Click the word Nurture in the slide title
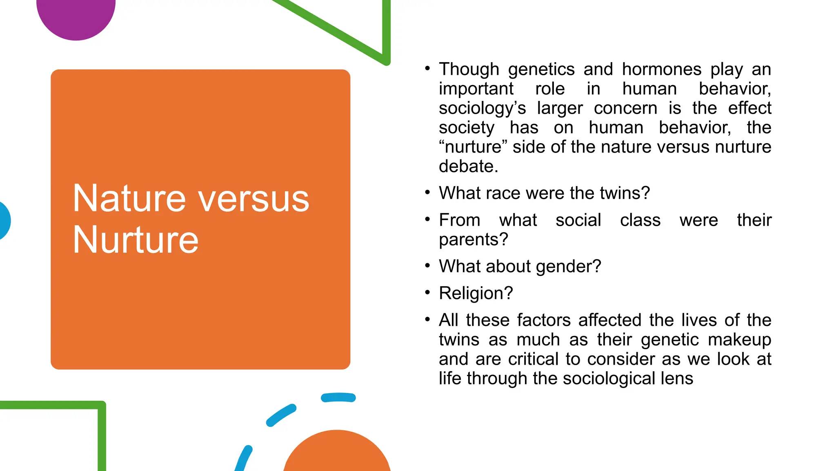tap(136, 240)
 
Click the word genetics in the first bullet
tap(541, 70)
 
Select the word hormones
tap(661, 69)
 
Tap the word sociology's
tap(482, 108)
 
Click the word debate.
tap(468, 166)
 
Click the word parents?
tap(473, 240)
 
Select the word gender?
tap(568, 267)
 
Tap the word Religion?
tap(476, 293)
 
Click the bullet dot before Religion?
tap(427, 292)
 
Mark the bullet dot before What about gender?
tap(427, 266)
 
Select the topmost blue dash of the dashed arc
tap(338, 397)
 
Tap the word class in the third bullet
tap(640, 220)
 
